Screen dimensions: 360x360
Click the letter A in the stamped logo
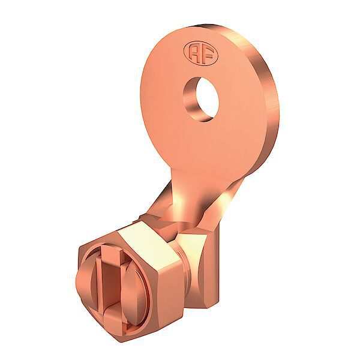(193, 54)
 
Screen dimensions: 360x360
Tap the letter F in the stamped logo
(207, 56)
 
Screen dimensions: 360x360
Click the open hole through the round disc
(207, 99)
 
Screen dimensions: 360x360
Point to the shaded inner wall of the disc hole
(191, 100)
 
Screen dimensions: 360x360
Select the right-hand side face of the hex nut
(170, 289)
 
